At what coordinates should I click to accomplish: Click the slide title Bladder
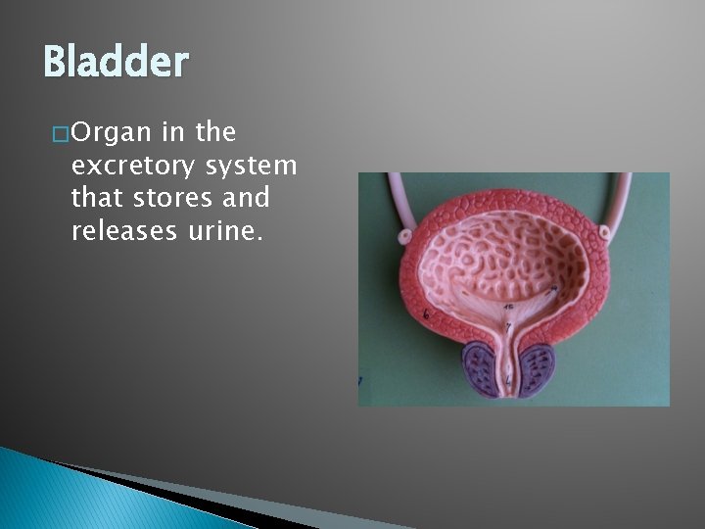point(116,64)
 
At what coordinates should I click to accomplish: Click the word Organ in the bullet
point(110,132)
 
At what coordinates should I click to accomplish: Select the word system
point(258,166)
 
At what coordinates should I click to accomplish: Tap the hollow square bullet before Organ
point(62,133)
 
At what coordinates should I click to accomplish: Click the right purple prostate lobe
point(535,370)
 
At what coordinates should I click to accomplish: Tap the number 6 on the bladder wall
point(426,313)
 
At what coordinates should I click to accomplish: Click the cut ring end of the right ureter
point(605,233)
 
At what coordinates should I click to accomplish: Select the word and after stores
point(248,198)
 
